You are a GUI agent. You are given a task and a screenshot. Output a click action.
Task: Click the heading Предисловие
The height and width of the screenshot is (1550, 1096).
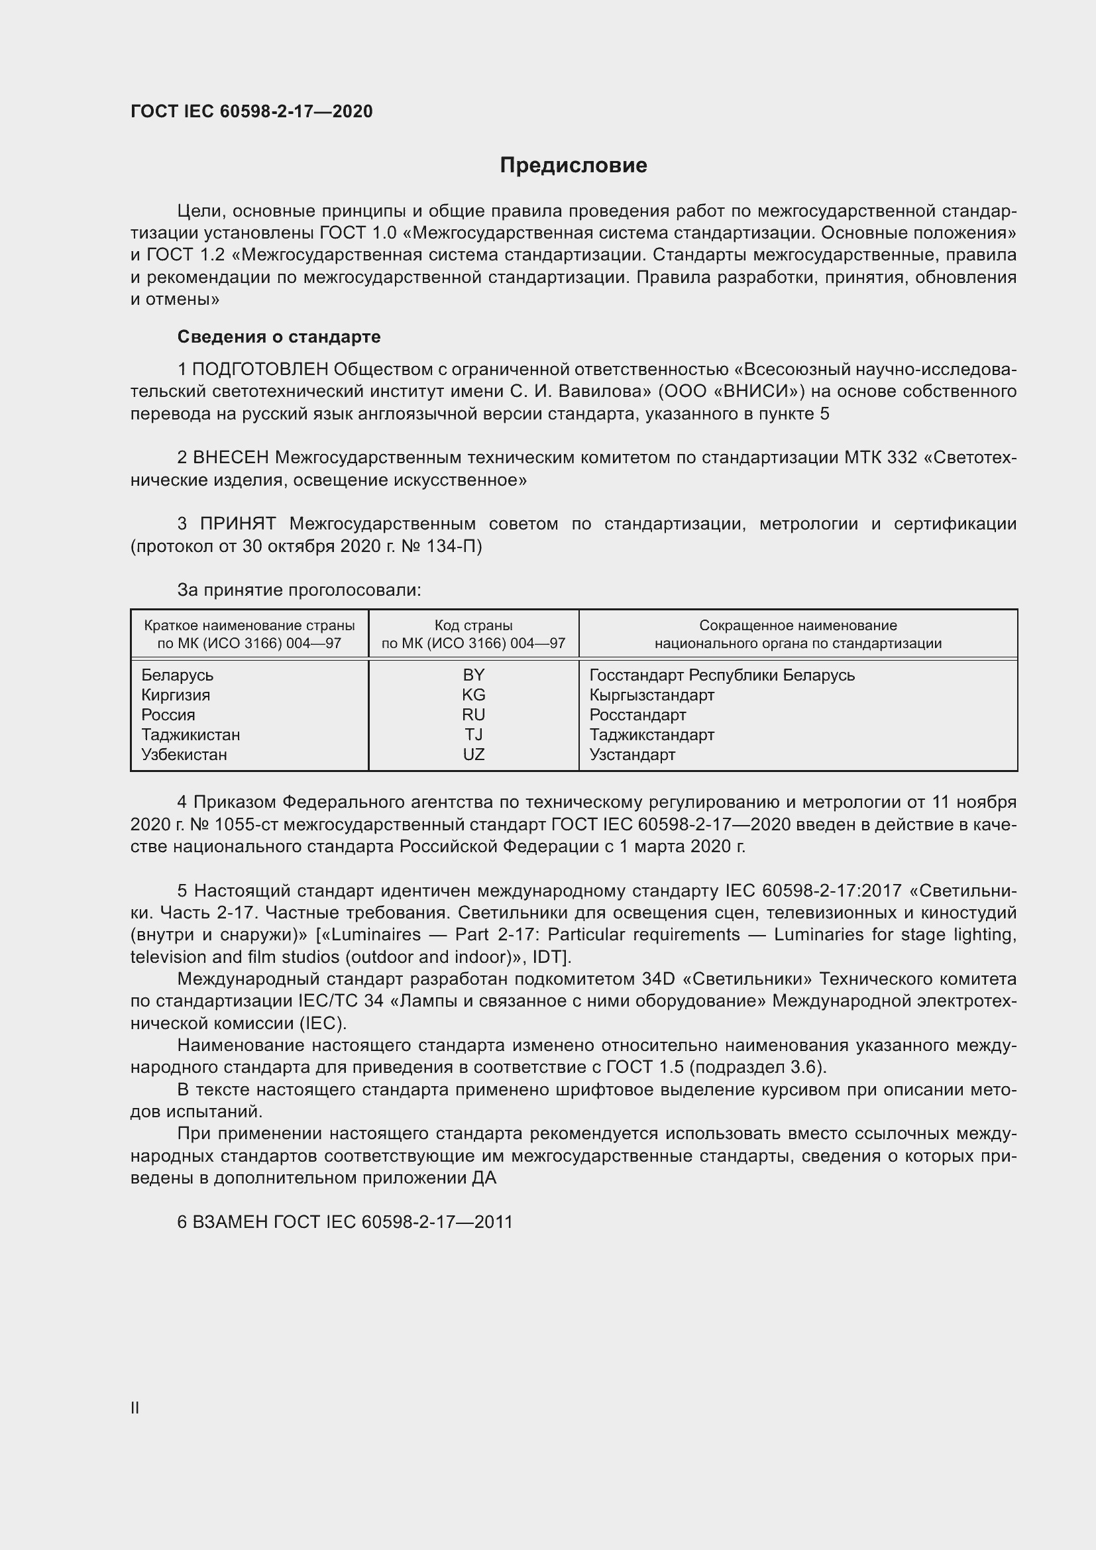pos(573,166)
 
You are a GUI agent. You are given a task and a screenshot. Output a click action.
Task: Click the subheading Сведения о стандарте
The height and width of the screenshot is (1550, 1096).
pos(279,336)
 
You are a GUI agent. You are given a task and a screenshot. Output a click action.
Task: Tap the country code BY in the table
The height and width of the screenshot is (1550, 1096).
pos(473,675)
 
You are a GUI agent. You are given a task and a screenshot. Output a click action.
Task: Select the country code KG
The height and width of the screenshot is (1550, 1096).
pos(473,694)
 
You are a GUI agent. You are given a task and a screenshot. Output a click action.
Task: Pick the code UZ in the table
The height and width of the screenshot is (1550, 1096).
pos(473,755)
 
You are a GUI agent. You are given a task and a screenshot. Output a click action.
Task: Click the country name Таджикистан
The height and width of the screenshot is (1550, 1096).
pos(190,734)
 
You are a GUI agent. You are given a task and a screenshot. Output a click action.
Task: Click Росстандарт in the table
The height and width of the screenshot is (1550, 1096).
pos(637,715)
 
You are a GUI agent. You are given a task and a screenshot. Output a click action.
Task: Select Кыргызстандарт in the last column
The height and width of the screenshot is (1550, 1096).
pos(651,694)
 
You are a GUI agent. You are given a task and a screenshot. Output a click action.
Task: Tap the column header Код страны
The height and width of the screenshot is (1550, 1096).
pos(473,626)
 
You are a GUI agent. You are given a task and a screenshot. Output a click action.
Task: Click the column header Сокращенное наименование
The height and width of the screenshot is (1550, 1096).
pos(798,626)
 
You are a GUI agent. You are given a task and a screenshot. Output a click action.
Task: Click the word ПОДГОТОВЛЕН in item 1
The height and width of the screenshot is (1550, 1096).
pos(260,369)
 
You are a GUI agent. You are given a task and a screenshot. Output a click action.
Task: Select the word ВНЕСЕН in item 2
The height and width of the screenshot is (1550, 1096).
pos(231,458)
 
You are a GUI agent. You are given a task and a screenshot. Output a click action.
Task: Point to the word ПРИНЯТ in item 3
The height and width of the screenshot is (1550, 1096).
pos(238,524)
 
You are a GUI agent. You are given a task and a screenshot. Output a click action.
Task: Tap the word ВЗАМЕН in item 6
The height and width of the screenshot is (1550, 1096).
pos(230,1222)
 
